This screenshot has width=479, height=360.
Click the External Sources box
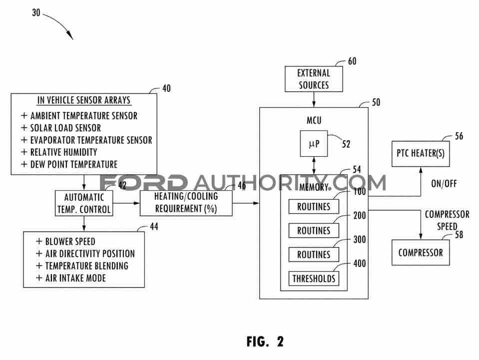(314, 79)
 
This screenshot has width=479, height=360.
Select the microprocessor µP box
(314, 143)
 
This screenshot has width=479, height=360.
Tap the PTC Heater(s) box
(421, 154)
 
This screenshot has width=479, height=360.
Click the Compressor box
(421, 253)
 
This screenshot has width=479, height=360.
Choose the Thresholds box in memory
(314, 279)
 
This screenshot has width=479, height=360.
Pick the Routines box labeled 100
(314, 207)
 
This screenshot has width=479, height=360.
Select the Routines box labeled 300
(314, 254)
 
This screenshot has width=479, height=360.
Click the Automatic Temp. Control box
(84, 203)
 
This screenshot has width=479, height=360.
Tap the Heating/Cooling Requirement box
(186, 203)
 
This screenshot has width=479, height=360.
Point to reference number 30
(36, 12)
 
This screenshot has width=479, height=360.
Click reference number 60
(352, 61)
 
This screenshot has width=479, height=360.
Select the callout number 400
(360, 263)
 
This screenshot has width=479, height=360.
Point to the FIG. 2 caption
(265, 342)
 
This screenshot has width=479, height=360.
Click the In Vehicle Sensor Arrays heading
(84, 100)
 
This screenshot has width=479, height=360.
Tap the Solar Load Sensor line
(61, 128)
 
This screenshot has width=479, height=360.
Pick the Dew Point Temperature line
(69, 164)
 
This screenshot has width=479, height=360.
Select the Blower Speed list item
(65, 242)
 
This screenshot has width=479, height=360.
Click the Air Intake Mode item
(71, 278)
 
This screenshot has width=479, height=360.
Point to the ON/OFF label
(444, 184)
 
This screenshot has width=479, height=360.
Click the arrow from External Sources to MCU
(314, 99)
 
